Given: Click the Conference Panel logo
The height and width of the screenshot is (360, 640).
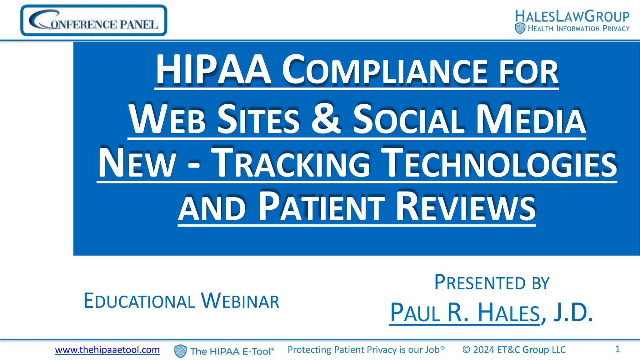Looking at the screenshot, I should pyautogui.click(x=94, y=21).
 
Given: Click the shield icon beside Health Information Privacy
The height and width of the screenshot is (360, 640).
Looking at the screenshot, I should pyautogui.click(x=520, y=28).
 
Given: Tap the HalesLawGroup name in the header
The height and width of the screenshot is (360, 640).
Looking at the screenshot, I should pyautogui.click(x=572, y=16).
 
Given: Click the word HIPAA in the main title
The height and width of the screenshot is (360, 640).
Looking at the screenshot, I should pyautogui.click(x=213, y=70).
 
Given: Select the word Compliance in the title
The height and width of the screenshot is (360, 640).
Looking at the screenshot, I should pyautogui.click(x=384, y=71).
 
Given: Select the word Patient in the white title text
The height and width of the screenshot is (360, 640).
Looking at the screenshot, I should pyautogui.click(x=322, y=207).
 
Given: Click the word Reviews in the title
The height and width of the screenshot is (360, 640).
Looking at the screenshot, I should pyautogui.click(x=466, y=207).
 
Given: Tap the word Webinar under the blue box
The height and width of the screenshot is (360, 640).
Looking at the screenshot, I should pyautogui.click(x=240, y=301).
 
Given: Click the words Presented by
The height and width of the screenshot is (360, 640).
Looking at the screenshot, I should pyautogui.click(x=492, y=283).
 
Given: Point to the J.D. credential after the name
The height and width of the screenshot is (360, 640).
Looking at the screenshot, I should pyautogui.click(x=573, y=313).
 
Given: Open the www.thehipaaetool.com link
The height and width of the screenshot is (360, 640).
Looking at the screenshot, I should pyautogui.click(x=107, y=350).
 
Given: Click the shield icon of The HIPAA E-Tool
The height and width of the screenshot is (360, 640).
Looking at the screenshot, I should pyautogui.click(x=180, y=351).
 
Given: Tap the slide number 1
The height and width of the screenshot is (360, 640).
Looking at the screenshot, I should pyautogui.click(x=617, y=349).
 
